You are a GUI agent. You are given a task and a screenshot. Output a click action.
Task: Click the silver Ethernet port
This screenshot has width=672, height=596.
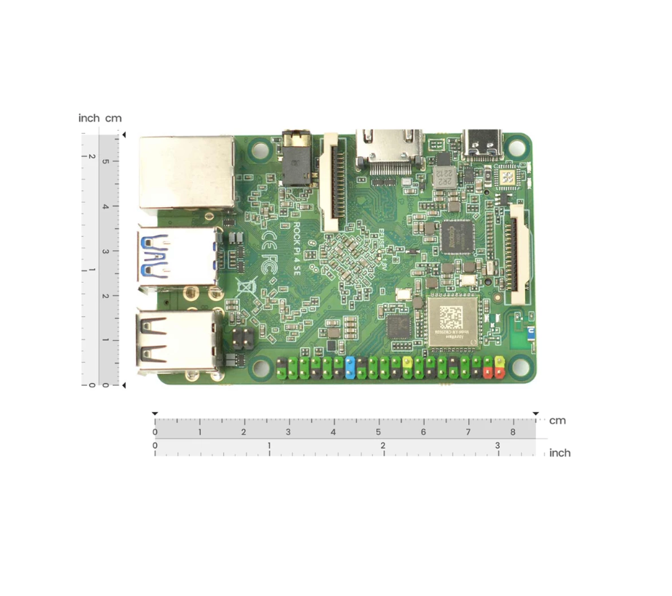pos(186,172)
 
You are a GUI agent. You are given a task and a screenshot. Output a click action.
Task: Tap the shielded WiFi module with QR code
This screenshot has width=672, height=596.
pos(451,321)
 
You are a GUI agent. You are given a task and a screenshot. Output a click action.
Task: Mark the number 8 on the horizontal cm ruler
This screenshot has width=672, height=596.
pos(513,432)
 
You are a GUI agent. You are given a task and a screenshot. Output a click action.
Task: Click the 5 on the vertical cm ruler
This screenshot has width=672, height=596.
pos(105,161)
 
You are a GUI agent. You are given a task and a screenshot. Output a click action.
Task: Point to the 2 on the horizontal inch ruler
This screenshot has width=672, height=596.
pos(383,446)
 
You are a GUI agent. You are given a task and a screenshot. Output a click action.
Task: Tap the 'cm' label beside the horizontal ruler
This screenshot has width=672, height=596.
pos(557,421)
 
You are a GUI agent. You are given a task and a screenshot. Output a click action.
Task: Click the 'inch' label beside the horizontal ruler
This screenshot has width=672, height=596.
pos(559,453)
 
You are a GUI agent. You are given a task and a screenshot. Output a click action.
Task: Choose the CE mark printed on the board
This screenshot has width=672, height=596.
pos(268,239)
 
